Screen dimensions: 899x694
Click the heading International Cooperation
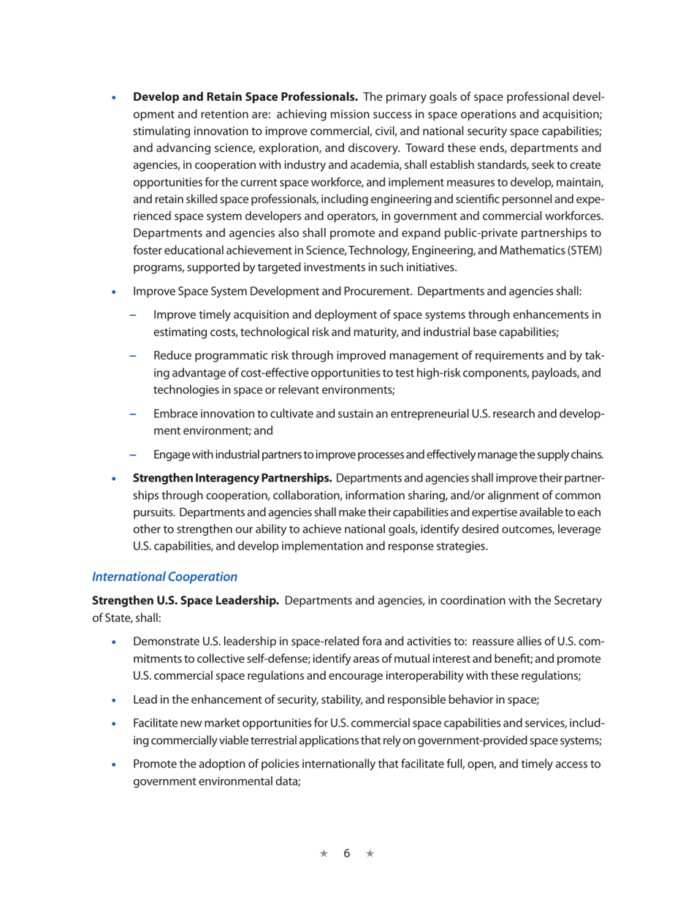tap(164, 576)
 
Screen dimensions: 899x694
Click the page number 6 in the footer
tap(348, 854)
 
